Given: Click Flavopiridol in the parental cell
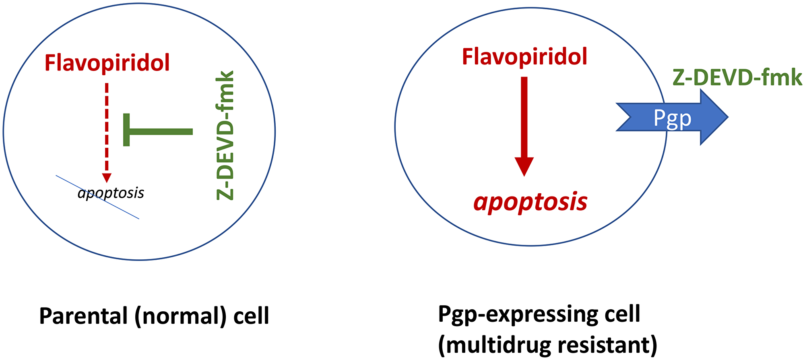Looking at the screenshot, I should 107,63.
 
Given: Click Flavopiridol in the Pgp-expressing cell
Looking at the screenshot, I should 524,57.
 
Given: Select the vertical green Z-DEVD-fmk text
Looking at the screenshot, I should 225,135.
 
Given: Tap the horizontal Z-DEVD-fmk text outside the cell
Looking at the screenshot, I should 737,78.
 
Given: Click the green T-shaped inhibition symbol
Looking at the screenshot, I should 157,130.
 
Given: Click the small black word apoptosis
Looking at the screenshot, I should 111,193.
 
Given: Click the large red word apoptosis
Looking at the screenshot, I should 530,202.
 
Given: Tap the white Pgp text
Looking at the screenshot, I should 672,118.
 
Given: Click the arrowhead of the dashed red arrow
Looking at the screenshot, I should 107,178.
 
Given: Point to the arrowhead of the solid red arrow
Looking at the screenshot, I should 524,167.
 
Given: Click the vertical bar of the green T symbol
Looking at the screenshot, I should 126,130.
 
